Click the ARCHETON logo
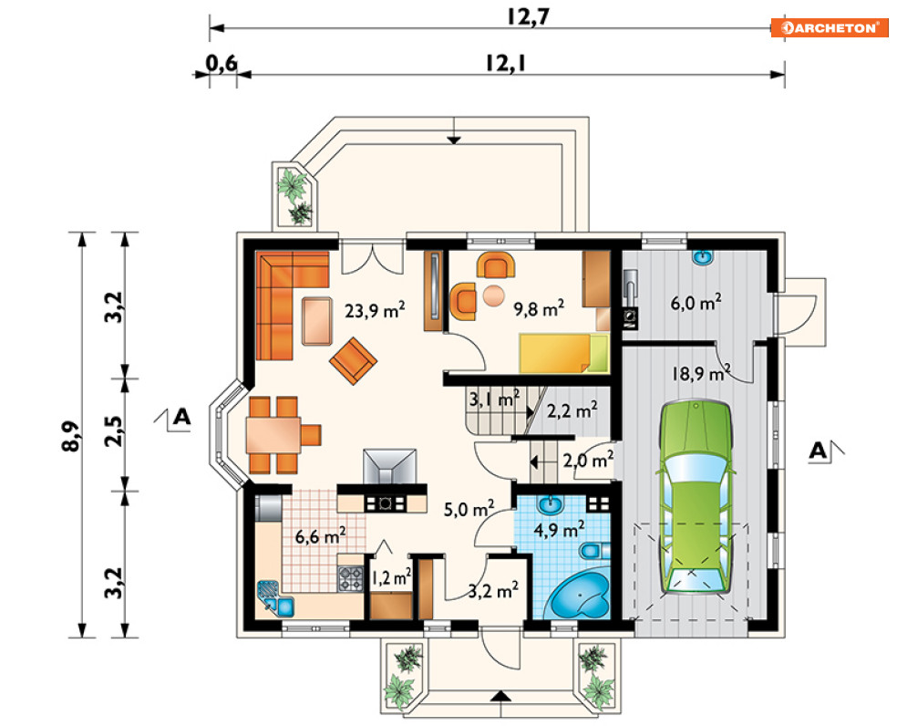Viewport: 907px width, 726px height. pyautogui.click(x=829, y=27)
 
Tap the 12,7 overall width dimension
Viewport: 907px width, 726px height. pyautogui.click(x=527, y=16)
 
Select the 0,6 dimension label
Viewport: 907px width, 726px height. pyautogui.click(x=222, y=62)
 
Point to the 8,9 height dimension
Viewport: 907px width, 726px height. pyautogui.click(x=70, y=435)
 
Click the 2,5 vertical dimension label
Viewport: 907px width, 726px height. pyautogui.click(x=113, y=430)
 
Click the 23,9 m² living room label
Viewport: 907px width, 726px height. pyautogui.click(x=375, y=310)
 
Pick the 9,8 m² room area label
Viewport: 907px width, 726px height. pyautogui.click(x=539, y=308)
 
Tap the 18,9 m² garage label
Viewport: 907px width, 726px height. pyautogui.click(x=701, y=373)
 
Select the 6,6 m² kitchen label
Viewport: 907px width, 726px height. pyautogui.click(x=321, y=535)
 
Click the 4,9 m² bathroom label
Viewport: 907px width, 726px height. pyautogui.click(x=559, y=529)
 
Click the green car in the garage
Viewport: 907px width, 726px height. pyautogui.click(x=696, y=496)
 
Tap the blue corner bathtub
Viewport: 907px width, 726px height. pyautogui.click(x=579, y=595)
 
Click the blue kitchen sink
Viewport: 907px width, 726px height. pyautogui.click(x=276, y=598)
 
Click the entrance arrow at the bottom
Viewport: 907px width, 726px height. pyautogui.click(x=502, y=696)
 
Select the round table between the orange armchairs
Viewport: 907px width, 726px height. pyautogui.click(x=493, y=296)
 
